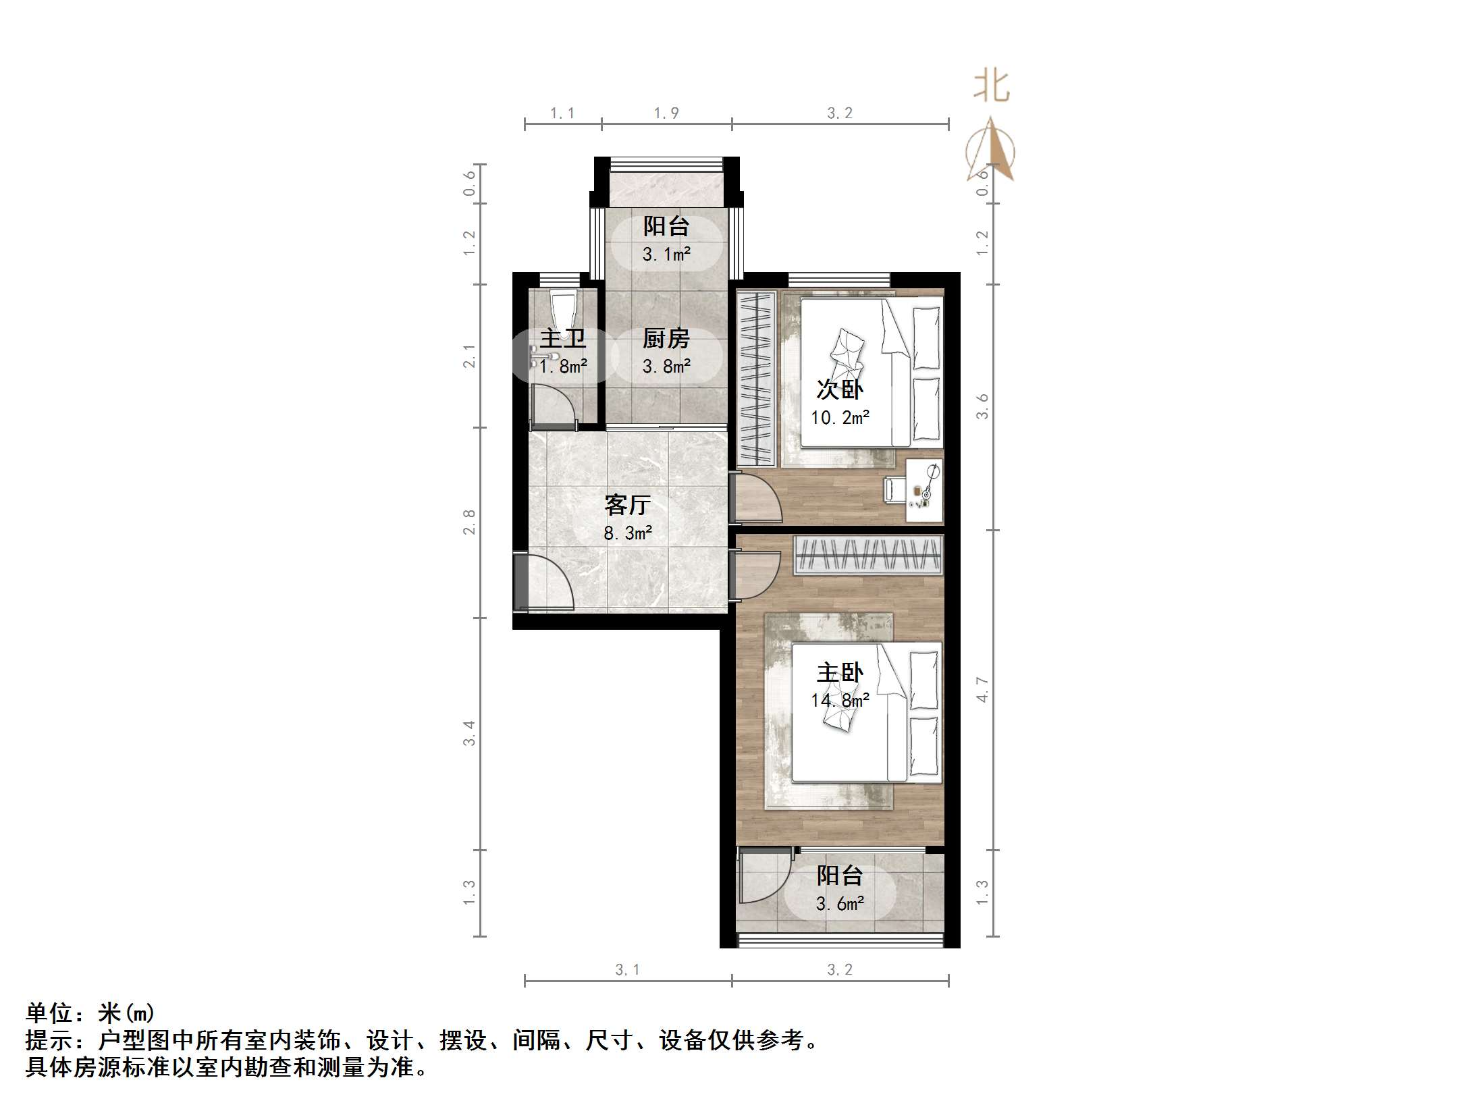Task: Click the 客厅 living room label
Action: point(627,505)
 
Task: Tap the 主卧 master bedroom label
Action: point(840,673)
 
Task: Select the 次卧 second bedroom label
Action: point(840,389)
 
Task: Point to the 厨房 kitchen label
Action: point(666,339)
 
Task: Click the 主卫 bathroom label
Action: point(562,339)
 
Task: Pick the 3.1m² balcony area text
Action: point(666,254)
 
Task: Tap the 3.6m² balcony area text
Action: point(840,904)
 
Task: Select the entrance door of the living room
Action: point(544,582)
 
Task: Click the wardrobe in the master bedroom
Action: point(867,555)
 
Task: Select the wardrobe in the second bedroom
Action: point(756,378)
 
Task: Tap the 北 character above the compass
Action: point(991,87)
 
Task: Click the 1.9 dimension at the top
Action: point(666,113)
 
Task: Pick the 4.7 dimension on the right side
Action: point(982,690)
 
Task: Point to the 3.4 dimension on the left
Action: point(469,733)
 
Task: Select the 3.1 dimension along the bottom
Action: point(627,969)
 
